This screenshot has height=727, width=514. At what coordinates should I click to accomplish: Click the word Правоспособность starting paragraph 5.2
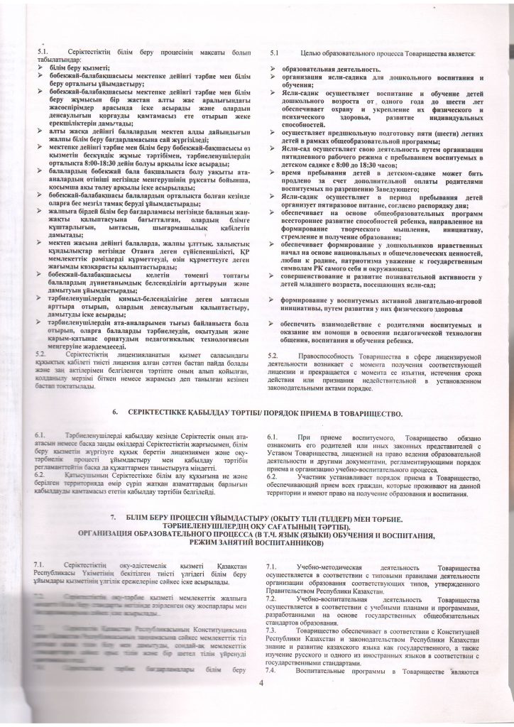pyautogui.click(x=331, y=354)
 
